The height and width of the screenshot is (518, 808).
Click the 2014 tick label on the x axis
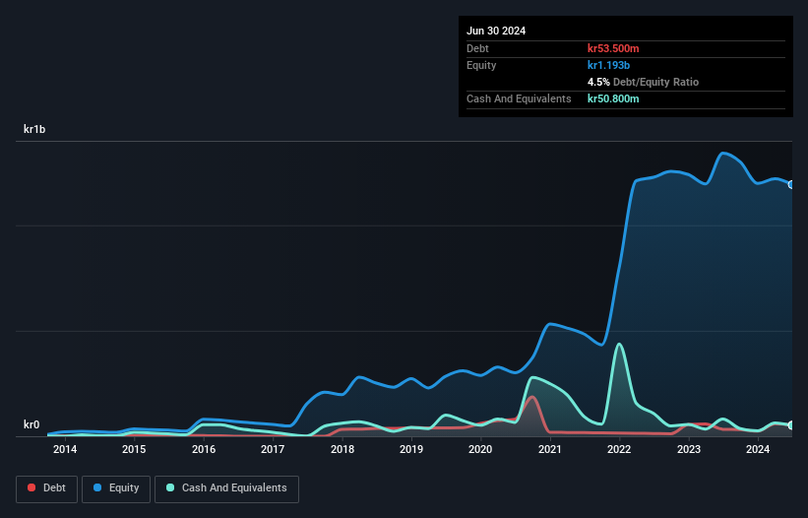tap(65, 450)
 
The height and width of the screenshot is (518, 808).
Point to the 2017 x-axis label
tap(273, 450)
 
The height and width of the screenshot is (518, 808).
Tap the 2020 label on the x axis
tap(480, 450)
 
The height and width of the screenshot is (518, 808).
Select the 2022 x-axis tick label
tap(619, 450)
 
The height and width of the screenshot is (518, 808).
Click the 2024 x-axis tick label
tap(758, 450)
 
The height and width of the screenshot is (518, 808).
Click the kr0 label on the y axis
tap(31, 425)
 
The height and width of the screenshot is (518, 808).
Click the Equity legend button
tap(116, 488)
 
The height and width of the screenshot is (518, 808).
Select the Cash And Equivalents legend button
tap(226, 488)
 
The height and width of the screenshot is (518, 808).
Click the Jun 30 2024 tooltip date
tap(496, 31)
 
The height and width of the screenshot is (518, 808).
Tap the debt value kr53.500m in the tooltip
tap(613, 48)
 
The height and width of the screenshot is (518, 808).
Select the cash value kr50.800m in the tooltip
tap(613, 98)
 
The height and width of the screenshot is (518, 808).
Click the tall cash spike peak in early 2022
tap(619, 344)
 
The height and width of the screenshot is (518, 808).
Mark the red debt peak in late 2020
tap(532, 397)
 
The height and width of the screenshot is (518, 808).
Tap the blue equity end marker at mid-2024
tap(791, 184)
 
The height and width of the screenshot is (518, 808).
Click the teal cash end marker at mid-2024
tap(791, 425)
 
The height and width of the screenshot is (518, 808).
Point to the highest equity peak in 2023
tap(724, 153)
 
